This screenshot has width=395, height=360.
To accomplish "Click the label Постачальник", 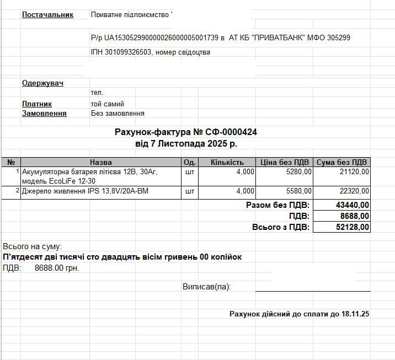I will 47,14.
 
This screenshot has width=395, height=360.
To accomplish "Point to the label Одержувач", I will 42,83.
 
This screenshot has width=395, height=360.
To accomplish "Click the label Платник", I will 37,104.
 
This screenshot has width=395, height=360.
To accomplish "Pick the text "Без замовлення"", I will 118,113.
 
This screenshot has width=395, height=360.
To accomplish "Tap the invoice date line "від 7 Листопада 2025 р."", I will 186,143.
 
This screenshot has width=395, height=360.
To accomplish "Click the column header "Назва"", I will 100,162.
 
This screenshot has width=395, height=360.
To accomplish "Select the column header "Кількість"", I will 227,162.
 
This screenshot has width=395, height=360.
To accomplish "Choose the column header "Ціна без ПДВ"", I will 284,162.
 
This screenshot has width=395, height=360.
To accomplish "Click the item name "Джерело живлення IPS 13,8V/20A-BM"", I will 85,191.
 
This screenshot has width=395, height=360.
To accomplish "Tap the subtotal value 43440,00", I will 353,205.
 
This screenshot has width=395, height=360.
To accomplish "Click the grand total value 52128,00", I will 353,227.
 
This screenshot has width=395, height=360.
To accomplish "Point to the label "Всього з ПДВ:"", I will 281,227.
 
